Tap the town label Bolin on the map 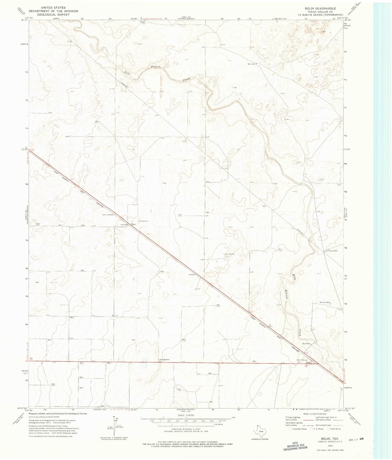(308, 363)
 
